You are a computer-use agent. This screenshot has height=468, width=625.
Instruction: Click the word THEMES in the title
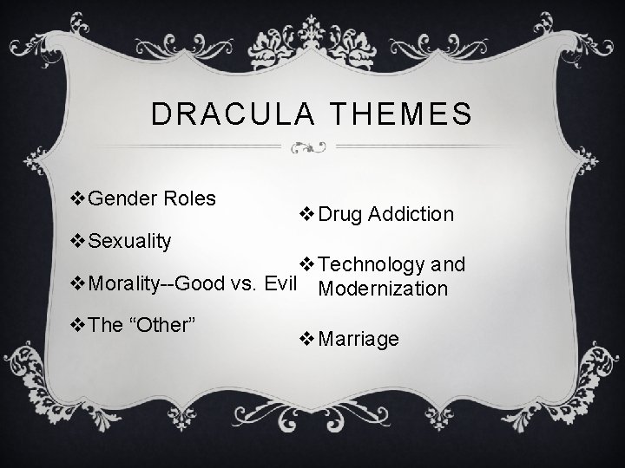click(x=398, y=114)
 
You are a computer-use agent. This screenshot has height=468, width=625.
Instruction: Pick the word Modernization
click(x=383, y=289)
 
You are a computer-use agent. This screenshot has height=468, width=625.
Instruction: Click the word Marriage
click(x=359, y=339)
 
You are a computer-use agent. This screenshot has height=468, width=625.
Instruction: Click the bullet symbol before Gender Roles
click(x=76, y=199)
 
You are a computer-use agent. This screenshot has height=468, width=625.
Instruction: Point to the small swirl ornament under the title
click(x=312, y=148)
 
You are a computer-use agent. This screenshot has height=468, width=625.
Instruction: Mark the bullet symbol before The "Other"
click(x=76, y=324)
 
